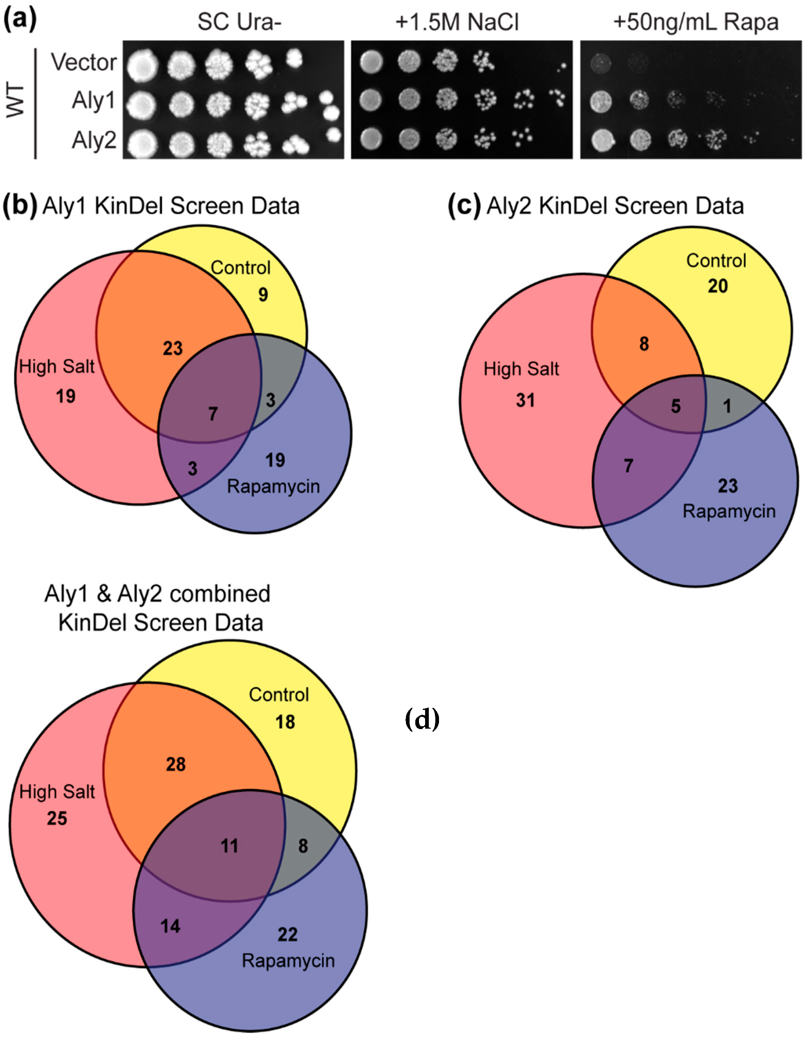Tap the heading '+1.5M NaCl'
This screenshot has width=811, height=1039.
tap(457, 22)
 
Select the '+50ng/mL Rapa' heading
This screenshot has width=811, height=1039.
tap(695, 22)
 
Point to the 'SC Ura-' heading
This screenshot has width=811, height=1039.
tap(239, 22)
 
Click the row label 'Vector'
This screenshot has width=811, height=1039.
tap(84, 62)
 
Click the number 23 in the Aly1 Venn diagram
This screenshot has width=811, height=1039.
tap(173, 348)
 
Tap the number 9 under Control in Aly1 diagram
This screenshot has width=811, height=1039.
tap(263, 294)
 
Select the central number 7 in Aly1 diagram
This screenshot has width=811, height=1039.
tap(213, 413)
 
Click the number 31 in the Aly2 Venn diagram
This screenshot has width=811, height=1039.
tap(526, 400)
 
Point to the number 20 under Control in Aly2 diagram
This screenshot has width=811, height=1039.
tap(718, 286)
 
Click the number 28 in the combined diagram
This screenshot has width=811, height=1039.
tap(175, 765)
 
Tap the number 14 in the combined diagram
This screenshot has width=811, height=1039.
tap(170, 926)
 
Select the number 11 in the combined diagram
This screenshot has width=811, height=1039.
tap(229, 846)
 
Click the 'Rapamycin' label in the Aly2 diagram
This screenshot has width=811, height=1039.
tap(729, 512)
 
